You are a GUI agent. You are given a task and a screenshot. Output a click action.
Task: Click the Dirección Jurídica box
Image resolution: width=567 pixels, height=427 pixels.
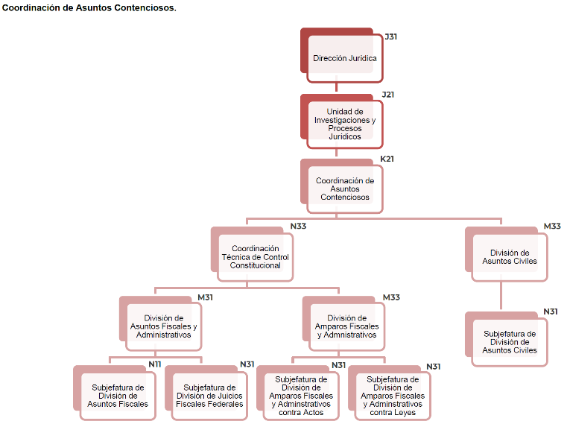(345, 58)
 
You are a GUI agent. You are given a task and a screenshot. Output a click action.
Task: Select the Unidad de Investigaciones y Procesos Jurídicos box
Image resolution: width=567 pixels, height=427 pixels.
(345, 124)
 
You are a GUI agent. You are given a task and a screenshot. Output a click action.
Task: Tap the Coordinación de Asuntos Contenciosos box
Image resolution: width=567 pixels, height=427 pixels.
(345, 189)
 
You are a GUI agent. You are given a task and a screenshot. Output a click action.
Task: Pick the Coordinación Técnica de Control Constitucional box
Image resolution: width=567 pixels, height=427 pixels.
(256, 257)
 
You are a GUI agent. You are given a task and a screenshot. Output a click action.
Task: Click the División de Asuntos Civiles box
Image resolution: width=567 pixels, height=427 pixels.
(510, 257)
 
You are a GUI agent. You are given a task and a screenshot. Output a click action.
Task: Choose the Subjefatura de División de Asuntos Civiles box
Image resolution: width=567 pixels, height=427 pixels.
(510, 342)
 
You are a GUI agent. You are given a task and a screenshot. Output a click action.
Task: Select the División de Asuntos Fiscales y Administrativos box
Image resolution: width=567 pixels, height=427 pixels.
(164, 326)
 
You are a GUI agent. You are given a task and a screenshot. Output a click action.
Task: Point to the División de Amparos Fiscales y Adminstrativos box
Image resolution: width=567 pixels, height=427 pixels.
(347, 326)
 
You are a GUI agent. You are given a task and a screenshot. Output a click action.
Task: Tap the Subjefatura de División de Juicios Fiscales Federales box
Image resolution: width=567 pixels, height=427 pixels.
(209, 396)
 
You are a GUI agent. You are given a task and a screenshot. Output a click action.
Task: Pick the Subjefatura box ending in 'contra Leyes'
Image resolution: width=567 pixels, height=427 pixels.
(393, 396)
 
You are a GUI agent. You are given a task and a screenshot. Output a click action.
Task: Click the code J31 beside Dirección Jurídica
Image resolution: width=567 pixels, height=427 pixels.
(390, 37)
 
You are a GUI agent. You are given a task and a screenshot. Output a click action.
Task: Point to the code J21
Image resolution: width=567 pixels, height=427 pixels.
(387, 95)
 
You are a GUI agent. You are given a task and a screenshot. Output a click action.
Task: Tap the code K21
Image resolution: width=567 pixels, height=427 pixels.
(387, 159)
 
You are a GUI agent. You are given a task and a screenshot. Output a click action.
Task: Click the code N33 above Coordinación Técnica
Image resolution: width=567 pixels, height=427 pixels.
(298, 226)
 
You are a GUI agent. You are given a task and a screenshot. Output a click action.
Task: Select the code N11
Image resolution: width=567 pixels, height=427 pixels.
(155, 364)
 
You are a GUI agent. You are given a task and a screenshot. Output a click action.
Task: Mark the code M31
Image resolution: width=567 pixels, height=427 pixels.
(205, 297)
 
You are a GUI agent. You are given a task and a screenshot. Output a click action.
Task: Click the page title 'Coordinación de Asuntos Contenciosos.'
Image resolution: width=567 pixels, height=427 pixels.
(89, 8)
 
